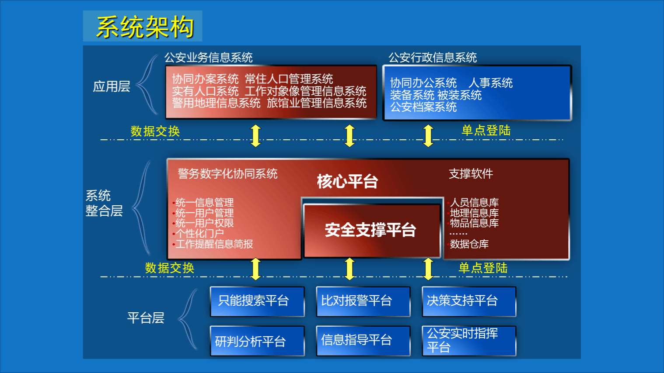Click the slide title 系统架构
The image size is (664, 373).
145,27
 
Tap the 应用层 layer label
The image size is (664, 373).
112,86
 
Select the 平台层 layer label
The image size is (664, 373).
146,318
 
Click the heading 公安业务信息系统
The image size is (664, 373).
209,58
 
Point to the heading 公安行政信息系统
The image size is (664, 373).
433,58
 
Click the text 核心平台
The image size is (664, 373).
347,181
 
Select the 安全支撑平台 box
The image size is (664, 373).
371,230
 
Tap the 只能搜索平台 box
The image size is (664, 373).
257,301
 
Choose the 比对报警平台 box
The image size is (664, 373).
363,301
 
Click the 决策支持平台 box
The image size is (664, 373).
468,301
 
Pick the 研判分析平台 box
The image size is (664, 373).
257,341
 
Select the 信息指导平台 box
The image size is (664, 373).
363,341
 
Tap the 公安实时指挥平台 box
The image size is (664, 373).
468,341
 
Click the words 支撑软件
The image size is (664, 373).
471,174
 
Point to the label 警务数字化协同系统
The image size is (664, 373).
227,174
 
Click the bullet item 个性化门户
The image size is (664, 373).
199,234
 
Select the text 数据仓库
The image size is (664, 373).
469,244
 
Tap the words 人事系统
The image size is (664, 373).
490,83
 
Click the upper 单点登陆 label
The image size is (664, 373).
486,130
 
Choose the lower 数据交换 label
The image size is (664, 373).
169,268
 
